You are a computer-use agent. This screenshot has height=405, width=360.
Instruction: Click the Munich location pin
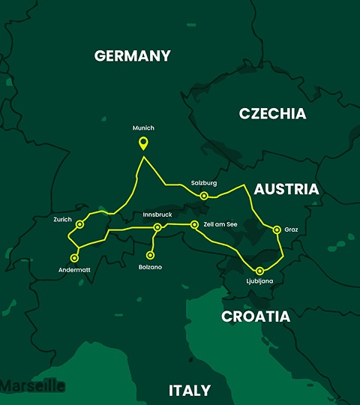click(143, 143)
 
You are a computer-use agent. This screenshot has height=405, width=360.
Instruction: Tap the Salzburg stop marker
click(204, 196)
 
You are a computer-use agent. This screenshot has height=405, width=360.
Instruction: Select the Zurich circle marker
click(80, 224)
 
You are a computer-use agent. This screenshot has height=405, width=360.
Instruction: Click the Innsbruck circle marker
click(157, 227)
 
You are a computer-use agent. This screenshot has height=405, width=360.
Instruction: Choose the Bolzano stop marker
click(150, 255)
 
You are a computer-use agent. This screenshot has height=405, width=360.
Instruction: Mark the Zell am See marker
click(194, 224)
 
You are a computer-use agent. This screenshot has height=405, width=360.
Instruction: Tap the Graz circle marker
click(277, 229)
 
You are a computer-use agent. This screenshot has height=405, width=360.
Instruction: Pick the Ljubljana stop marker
click(259, 271)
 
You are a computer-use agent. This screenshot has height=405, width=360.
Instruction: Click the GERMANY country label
click(133, 55)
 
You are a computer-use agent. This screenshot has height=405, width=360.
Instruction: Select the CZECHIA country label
click(272, 114)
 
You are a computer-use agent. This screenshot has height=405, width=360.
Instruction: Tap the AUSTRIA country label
click(286, 189)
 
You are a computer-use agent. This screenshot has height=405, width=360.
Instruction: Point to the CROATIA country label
click(255, 316)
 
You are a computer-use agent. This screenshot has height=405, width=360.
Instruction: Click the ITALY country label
click(189, 390)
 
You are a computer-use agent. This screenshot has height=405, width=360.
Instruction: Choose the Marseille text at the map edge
click(31, 386)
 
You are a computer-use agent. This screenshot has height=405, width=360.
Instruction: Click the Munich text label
click(143, 128)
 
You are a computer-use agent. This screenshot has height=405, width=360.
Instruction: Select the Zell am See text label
click(220, 224)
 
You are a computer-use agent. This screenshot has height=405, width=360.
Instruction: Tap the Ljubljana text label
click(259, 282)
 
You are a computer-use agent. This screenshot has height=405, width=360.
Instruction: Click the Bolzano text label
click(151, 267)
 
